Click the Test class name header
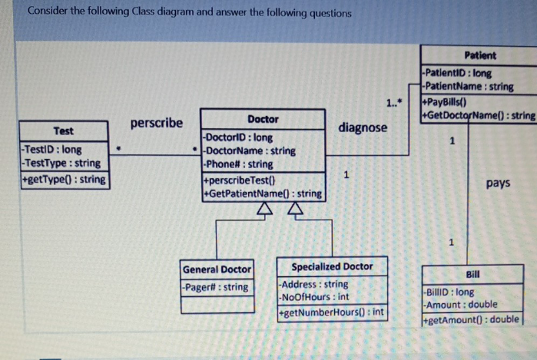point(63,131)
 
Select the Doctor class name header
point(263,120)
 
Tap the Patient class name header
point(480,55)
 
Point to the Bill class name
point(472,273)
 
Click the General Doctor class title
point(217,269)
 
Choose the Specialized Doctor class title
point(332,267)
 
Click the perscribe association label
point(157,123)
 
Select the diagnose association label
point(363,127)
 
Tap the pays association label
point(499,183)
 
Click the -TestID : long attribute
point(52,149)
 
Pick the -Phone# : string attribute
point(238,164)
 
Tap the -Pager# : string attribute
point(216,287)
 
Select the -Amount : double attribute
point(461,305)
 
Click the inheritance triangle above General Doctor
point(264,210)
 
